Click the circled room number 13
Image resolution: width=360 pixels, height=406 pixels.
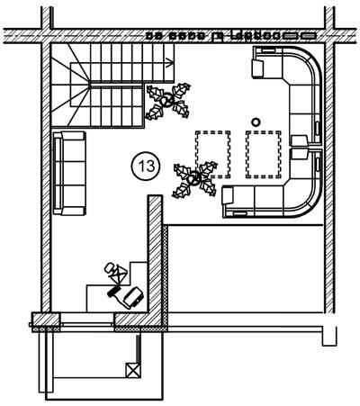[146, 166]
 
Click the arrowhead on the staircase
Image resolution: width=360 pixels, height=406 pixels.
[170, 63]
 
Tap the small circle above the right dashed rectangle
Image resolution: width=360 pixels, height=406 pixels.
[256, 122]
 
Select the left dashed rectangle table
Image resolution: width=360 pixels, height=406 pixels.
[213, 154]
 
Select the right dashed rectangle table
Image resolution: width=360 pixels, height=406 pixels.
[264, 154]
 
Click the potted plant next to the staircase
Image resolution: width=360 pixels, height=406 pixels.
[168, 101]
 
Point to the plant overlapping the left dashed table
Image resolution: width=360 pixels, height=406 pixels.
[195, 179]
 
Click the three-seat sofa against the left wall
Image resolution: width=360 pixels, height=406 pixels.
[69, 173]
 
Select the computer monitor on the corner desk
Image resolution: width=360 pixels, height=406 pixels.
[132, 297]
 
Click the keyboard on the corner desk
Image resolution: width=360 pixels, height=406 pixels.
[113, 291]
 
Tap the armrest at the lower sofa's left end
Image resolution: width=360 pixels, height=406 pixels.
[228, 195]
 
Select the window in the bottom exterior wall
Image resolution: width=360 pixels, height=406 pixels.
[87, 324]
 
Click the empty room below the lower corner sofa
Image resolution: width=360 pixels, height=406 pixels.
[246, 268]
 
